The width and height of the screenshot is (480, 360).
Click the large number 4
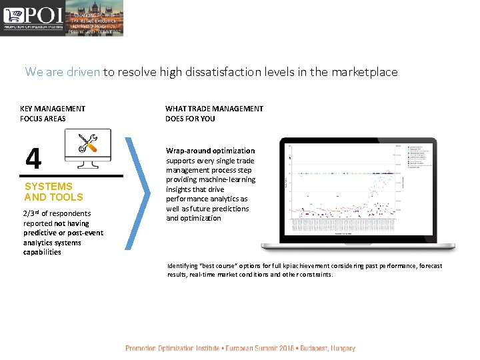coord(33,159)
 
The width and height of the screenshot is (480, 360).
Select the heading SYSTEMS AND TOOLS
coord(53,192)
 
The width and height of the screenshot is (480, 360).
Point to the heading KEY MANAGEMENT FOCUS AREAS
coord(53,113)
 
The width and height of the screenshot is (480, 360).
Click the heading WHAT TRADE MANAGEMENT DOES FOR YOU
coord(214,113)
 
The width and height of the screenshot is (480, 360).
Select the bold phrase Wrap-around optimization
coord(210,151)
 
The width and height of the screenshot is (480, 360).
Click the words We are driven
coord(63,72)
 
